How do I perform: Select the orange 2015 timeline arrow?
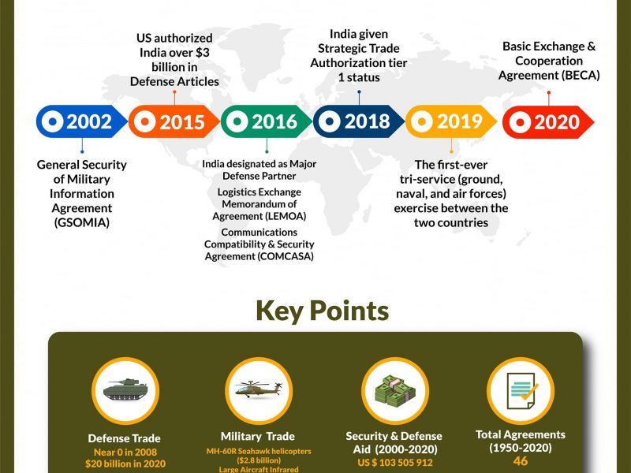(174, 121)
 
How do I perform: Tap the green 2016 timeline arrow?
(266, 121)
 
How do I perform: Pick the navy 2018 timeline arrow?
(359, 121)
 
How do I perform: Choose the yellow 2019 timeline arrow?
(451, 121)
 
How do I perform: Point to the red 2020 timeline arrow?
(548, 122)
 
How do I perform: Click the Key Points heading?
(323, 311)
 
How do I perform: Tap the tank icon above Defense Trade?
(125, 389)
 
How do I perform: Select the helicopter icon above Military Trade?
(259, 389)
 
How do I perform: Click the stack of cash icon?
(395, 389)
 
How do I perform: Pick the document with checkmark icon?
(522, 391)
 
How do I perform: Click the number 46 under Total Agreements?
(521, 461)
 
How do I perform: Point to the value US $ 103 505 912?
(395, 463)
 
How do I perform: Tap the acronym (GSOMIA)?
(82, 222)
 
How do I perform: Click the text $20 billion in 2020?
(125, 464)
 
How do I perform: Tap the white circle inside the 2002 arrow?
(53, 121)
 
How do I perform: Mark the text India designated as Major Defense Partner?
(259, 169)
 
